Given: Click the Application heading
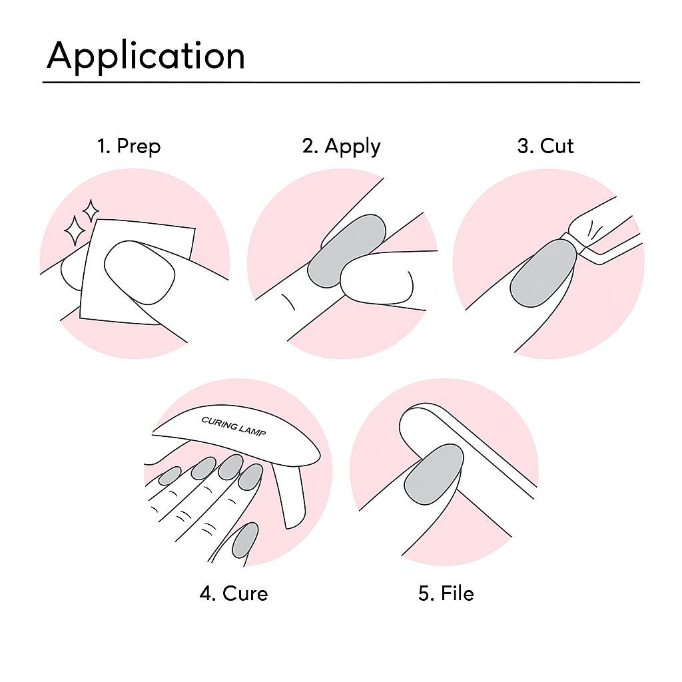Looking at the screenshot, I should coord(146,56).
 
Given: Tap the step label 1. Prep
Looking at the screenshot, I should coord(129,146).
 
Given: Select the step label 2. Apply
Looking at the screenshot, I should coord(341,146).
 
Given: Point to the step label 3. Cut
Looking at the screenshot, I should coord(545,146).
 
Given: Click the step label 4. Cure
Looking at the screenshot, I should coord(233,593).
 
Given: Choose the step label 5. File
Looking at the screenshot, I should coord(446,593).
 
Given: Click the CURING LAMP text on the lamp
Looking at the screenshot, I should coord(233,427).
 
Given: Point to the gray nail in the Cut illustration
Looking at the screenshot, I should coord(543,273).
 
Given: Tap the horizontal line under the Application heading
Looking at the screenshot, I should coord(341,83).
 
